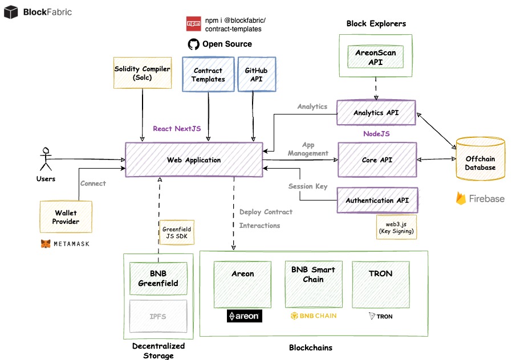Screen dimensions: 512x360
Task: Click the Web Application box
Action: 194,160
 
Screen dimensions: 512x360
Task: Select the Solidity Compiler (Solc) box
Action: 143,73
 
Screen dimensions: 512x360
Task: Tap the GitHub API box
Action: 257,75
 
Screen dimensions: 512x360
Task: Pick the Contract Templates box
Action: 208,75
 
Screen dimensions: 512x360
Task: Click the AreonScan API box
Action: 376,57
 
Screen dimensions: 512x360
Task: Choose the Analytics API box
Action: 376,113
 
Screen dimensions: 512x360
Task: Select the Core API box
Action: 377,160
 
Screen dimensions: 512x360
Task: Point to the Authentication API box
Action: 377,200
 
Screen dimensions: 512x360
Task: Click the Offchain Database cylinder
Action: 480,159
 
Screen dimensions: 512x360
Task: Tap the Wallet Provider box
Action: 66,217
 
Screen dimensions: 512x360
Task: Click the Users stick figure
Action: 46,159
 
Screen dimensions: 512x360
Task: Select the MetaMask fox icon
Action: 46,244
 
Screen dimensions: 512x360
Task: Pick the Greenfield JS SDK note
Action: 177,232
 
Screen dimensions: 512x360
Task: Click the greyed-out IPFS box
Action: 159,316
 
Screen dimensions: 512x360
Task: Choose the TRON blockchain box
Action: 381,284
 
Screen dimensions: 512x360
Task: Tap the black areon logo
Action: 245,316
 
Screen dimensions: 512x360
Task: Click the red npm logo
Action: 194,24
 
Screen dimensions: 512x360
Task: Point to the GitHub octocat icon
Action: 194,44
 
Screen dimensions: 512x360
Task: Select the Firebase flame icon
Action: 461,198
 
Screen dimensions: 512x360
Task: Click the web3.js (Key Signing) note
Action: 396,227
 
